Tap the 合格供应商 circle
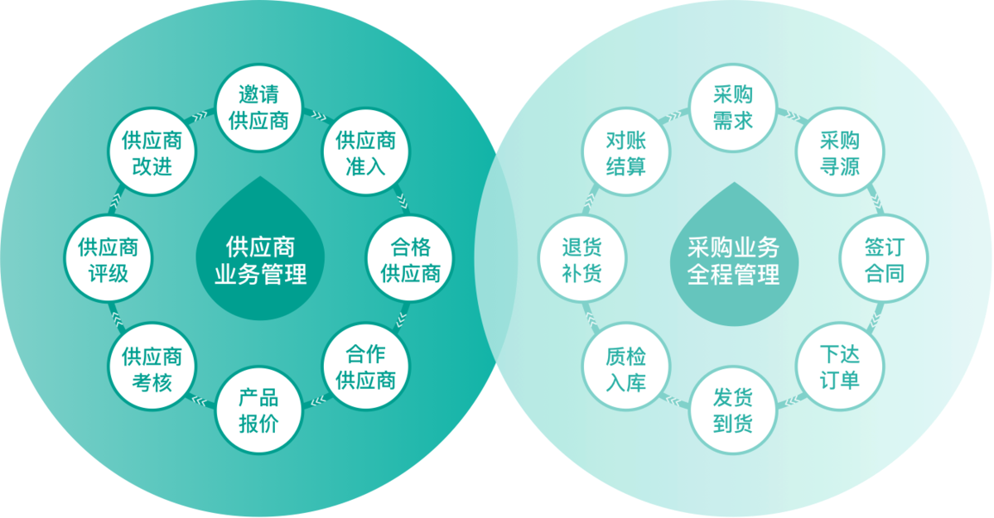click(410, 260)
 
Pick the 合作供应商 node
click(365, 367)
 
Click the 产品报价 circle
click(258, 410)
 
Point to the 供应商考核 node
click(152, 367)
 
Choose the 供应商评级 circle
click(108, 260)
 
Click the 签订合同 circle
click(884, 260)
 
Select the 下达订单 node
click(839, 367)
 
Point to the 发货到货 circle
click(732, 410)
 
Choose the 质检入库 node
click(625, 367)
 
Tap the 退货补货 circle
click(581, 260)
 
